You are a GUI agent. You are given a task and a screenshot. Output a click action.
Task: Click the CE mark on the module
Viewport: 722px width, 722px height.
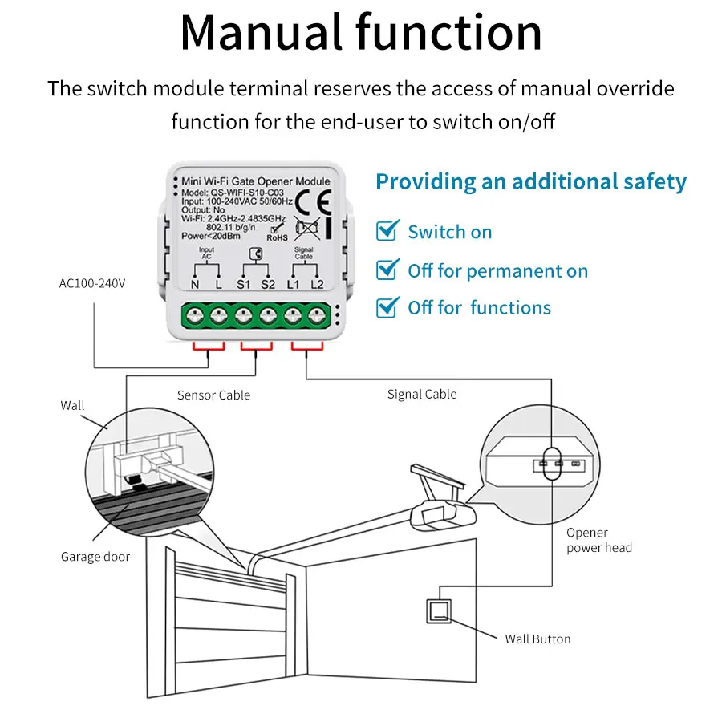point(313,202)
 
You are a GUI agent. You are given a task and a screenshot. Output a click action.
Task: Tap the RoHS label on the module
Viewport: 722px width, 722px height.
point(277,237)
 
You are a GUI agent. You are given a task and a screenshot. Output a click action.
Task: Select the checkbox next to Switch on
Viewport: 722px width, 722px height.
point(387,230)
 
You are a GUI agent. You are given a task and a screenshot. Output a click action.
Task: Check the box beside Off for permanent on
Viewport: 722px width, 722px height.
point(387,270)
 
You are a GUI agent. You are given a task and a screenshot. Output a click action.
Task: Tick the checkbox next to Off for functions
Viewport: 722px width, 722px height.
point(387,307)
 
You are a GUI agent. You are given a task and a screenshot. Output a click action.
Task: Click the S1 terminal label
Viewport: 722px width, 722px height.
point(243,285)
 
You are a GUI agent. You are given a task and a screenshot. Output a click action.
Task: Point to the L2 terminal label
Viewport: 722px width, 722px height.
point(317,285)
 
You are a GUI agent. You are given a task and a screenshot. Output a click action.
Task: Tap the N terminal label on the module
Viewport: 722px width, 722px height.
point(195,285)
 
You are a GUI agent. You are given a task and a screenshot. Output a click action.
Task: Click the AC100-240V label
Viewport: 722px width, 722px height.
point(92,283)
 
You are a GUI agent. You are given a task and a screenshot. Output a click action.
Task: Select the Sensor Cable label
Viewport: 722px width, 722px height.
point(213,395)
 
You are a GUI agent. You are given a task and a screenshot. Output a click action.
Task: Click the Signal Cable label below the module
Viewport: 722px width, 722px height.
point(422,394)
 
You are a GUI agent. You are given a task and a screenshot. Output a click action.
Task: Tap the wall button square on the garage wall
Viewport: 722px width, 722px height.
point(439,611)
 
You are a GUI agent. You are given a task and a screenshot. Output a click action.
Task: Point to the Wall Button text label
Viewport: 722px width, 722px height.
point(537,639)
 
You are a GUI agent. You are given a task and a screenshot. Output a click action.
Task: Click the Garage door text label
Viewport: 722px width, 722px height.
point(95,557)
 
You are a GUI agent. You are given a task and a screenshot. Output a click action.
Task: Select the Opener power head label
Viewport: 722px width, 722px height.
point(599,540)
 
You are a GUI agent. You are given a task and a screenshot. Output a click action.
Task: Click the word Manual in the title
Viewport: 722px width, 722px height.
point(261,33)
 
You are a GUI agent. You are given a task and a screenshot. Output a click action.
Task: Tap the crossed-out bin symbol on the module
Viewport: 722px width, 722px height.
point(306,229)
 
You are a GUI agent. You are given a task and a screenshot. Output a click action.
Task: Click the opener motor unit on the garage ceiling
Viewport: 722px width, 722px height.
point(443,515)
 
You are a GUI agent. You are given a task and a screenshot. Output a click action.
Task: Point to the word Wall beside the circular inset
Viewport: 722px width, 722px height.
point(73,405)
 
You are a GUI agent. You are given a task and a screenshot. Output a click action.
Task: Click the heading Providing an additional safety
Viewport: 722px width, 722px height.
point(531,182)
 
